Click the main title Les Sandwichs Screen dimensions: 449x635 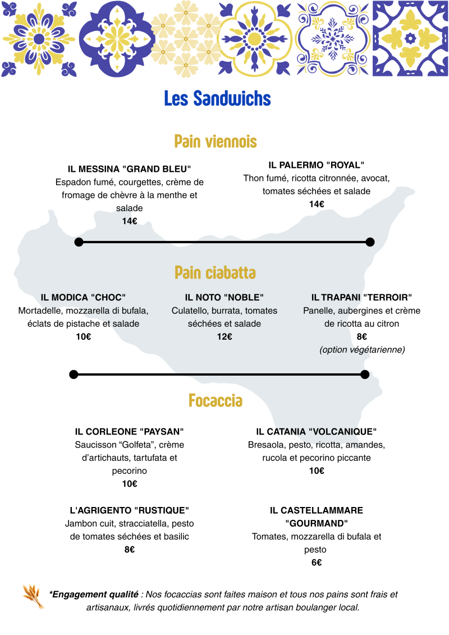click(217, 98)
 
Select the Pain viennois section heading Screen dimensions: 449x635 click(216, 141)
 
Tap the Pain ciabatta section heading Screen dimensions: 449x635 click(215, 272)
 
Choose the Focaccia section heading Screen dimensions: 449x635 click(216, 400)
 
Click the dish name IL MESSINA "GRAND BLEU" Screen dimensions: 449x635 click(129, 169)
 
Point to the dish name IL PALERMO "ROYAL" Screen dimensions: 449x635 click(316, 165)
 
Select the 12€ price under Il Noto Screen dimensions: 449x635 click(224, 336)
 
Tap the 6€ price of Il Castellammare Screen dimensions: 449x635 click(317, 563)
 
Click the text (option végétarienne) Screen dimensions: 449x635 click(362, 349)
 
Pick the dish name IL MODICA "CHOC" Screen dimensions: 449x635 click(83, 297)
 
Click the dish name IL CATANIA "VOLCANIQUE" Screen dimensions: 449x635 click(316, 431)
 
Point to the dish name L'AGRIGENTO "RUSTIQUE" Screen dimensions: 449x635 click(129, 510)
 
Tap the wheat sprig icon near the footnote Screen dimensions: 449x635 click(34, 596)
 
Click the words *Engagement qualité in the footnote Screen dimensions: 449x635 click(94, 594)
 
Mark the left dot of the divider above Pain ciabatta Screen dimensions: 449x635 click(79, 242)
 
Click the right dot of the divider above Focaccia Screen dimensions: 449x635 click(365, 374)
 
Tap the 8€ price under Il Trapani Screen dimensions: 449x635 click(362, 336)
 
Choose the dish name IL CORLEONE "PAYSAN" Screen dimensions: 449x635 click(129, 431)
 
